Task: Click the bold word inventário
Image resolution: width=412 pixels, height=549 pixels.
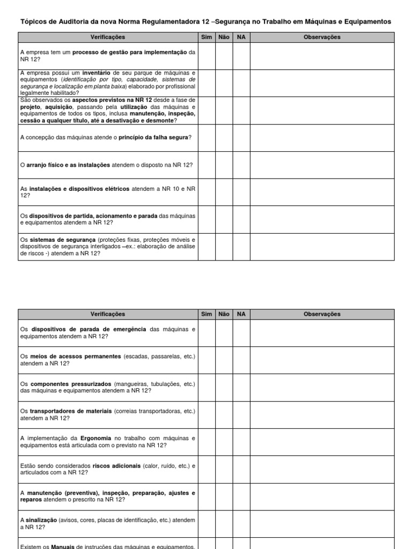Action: pos(97,72)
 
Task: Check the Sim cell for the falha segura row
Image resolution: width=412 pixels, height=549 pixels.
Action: pos(206,138)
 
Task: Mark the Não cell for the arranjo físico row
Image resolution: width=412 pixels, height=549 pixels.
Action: pos(223,165)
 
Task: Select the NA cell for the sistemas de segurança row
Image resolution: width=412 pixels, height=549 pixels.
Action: pos(241,247)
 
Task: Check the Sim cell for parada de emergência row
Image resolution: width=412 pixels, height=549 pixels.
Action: pos(206,332)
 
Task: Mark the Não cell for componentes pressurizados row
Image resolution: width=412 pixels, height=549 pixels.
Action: pos(223,387)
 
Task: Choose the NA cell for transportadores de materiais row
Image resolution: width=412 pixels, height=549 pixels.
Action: pos(241,414)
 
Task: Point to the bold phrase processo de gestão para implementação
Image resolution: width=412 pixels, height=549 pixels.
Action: pos(129,52)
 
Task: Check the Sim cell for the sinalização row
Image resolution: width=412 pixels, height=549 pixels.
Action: pos(206,523)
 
